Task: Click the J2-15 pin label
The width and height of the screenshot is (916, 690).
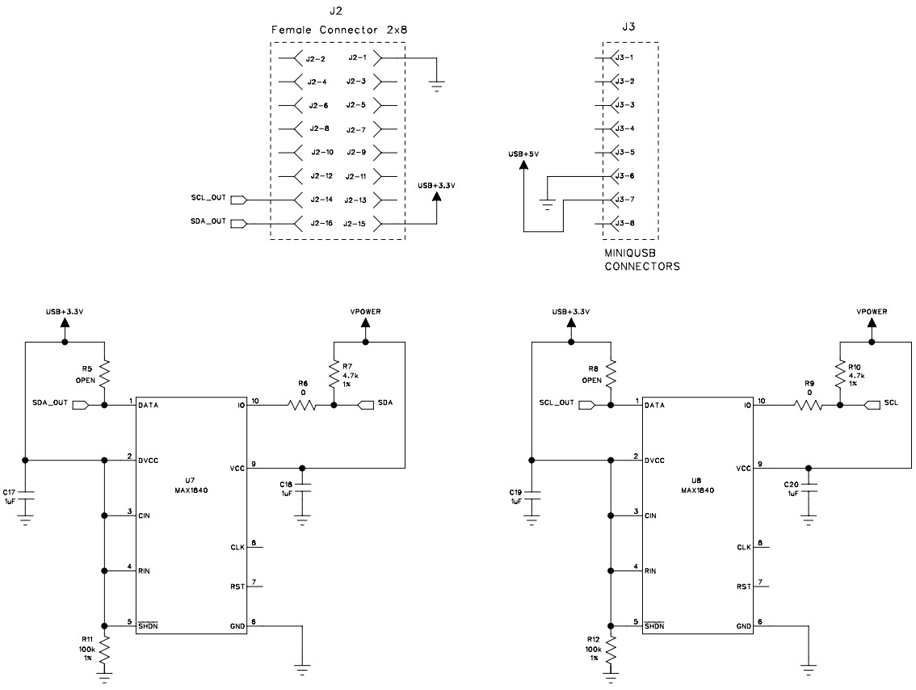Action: click(x=355, y=223)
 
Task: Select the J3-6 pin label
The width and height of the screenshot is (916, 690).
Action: click(x=624, y=175)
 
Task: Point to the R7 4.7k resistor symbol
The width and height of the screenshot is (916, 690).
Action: click(x=333, y=374)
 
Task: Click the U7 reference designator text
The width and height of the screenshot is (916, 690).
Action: click(x=191, y=478)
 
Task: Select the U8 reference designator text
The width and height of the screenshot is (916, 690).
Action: click(x=697, y=478)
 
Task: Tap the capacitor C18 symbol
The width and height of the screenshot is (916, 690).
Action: click(x=302, y=490)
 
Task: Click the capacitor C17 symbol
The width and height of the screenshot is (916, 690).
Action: click(x=25, y=495)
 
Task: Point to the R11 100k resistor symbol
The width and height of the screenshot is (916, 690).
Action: click(x=104, y=646)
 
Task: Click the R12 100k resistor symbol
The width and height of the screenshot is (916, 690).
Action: click(x=611, y=646)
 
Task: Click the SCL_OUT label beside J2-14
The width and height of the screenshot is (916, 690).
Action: click(x=207, y=199)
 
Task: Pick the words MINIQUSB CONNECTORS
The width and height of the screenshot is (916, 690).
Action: click(x=642, y=259)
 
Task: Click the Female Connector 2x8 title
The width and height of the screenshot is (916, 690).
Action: click(x=338, y=30)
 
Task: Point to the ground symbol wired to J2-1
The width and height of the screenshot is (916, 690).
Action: click(x=437, y=84)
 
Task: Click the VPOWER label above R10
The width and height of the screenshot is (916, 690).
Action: click(x=872, y=311)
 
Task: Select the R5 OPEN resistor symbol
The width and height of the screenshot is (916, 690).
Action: click(x=104, y=374)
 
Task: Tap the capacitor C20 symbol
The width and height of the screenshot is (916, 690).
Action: click(x=809, y=490)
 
